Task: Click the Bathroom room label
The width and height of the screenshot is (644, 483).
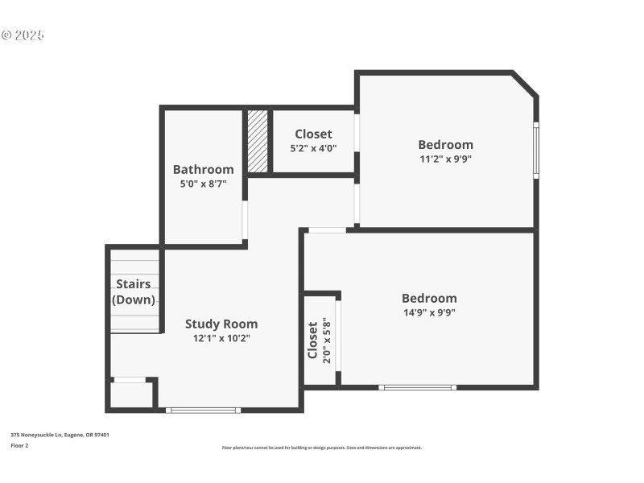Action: [203, 169]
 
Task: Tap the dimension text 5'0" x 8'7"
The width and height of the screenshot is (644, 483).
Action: [203, 184]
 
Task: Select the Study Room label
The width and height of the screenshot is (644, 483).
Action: [221, 324]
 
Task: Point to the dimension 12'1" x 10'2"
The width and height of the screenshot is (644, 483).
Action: [221, 338]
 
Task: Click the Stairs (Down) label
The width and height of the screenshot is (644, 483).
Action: [134, 291]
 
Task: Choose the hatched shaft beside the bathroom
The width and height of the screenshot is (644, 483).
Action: [258, 141]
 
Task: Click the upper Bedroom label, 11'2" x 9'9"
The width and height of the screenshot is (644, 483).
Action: [445, 145]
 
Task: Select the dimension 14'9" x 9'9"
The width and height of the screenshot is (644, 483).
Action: [429, 312]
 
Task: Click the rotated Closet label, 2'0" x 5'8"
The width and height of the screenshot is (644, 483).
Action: [318, 341]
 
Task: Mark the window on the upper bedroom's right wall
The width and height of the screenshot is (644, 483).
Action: [536, 150]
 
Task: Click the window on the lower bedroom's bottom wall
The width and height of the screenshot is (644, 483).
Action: [418, 387]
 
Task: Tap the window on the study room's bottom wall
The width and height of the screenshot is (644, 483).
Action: [203, 411]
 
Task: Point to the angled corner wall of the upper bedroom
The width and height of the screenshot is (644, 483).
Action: [525, 85]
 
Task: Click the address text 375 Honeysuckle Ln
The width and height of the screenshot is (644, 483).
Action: [60, 435]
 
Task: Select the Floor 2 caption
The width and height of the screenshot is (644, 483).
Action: [19, 445]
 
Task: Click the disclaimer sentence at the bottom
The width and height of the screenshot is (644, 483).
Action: [321, 448]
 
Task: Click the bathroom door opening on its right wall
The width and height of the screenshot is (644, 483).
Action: [245, 220]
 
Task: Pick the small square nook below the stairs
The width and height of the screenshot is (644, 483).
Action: [130, 395]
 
